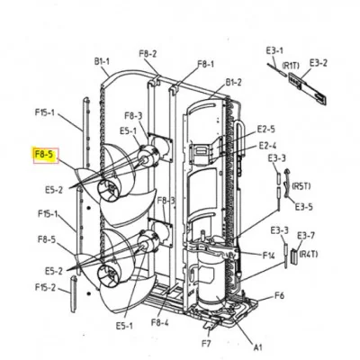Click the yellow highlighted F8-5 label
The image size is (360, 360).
(45, 156)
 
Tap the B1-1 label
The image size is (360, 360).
(102, 62)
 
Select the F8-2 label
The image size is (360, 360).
(148, 54)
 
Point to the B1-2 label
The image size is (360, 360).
(233, 82)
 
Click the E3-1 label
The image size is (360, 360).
(274, 50)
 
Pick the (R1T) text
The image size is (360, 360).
(291, 66)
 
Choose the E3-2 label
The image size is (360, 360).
(319, 63)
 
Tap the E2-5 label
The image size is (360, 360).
(265, 130)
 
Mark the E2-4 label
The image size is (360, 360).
(267, 146)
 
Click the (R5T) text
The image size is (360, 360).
(301, 186)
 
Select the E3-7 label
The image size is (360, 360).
(306, 236)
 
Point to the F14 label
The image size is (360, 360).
(268, 256)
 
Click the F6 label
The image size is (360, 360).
(279, 296)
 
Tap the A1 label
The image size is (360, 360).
(258, 347)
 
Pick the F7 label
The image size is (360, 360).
(206, 344)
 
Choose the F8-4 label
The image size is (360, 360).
(160, 323)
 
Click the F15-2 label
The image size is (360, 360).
(45, 287)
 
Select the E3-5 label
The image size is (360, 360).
(303, 207)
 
